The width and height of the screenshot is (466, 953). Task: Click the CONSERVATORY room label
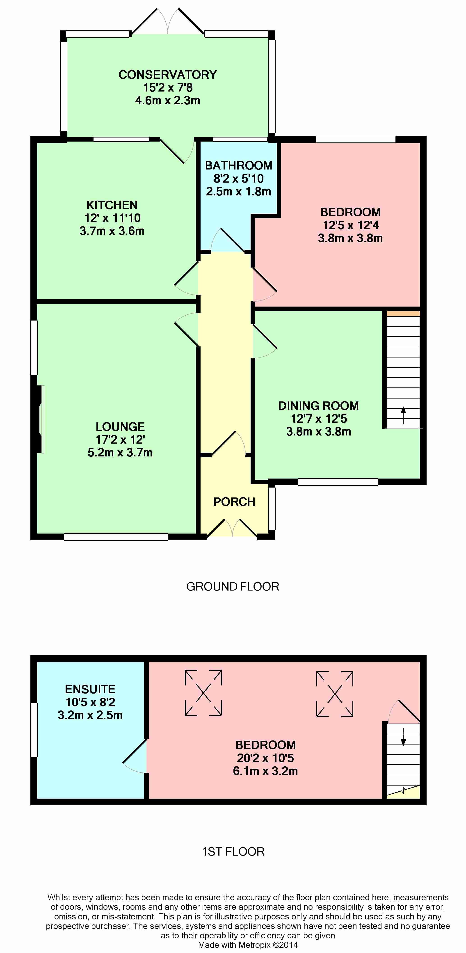click(x=167, y=75)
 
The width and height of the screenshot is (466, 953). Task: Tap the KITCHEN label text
click(x=112, y=205)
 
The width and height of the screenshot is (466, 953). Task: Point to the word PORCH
click(x=234, y=502)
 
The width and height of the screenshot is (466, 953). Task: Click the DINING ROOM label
click(x=318, y=406)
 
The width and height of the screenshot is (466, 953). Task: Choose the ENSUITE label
click(x=90, y=689)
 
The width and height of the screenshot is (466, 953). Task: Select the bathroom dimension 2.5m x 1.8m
click(x=239, y=192)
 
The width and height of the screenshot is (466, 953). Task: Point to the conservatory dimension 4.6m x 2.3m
click(x=167, y=101)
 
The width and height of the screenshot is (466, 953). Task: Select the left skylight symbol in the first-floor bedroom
click(x=203, y=693)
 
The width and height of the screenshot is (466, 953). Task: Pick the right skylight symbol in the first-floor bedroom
click(x=335, y=694)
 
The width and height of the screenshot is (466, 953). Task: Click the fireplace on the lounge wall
click(x=40, y=419)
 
